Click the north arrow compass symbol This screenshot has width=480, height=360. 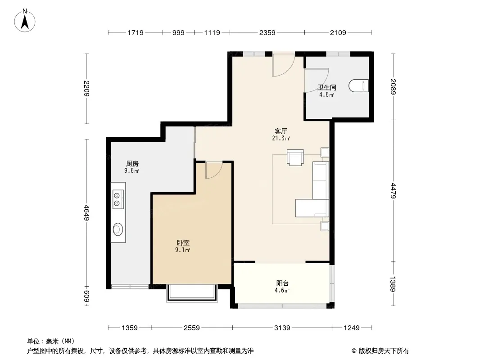tap(25, 21)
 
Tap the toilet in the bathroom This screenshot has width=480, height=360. tap(358, 86)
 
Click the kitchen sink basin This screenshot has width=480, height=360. tap(118, 229)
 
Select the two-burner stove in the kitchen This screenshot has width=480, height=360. tap(118, 199)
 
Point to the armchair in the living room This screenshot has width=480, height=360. tap(295, 157)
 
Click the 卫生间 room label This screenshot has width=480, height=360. tap(326, 87)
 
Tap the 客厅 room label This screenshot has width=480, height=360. tap(281, 131)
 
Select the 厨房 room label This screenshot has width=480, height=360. tap(132, 164)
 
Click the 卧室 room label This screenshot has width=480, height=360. tap(183, 243)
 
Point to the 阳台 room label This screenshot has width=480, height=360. tap(282, 283)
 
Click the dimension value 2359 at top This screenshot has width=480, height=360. tap(267, 32)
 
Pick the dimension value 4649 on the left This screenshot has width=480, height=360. tap(86, 213)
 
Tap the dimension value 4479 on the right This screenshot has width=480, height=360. tap(393, 191)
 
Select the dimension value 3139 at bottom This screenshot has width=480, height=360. tap(282, 328)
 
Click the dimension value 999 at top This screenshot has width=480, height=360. tap(178, 32)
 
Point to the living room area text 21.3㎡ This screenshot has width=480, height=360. tap(281, 138)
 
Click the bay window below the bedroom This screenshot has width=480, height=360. tap(192, 293)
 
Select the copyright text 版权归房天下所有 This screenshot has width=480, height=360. tap(384, 351)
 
